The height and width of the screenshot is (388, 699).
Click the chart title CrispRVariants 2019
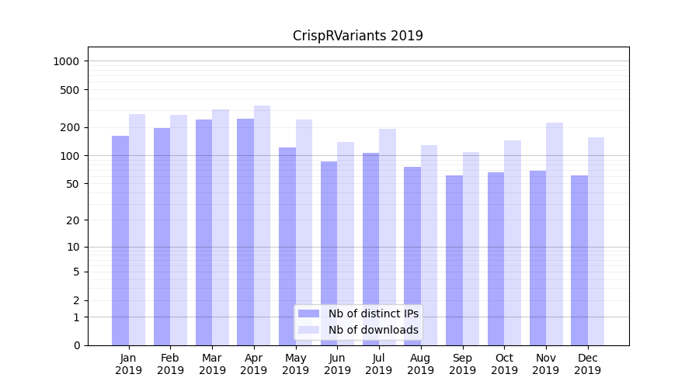pyautogui.click(x=357, y=36)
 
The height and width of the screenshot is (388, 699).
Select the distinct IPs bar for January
pyautogui.click(x=120, y=241)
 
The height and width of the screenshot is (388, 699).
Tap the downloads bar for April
pyautogui.click(x=262, y=225)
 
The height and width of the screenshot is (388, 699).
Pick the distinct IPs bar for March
pyautogui.click(x=203, y=233)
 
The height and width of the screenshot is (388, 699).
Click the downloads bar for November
pyautogui.click(x=554, y=233)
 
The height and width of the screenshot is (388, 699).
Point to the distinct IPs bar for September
pyautogui.click(x=454, y=260)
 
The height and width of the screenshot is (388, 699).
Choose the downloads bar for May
pyautogui.click(x=304, y=233)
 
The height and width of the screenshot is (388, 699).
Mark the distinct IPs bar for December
pyautogui.click(x=579, y=260)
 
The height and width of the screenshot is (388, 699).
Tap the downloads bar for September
pyautogui.click(x=471, y=248)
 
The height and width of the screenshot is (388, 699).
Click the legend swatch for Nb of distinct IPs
pyautogui.click(x=308, y=314)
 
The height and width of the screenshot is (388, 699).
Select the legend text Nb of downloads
pyautogui.click(x=373, y=330)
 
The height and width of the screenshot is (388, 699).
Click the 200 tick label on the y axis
pyautogui.click(x=72, y=127)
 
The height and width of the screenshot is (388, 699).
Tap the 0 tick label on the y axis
pyautogui.click(x=76, y=345)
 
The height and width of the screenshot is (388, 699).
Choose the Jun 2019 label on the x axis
pyautogui.click(x=337, y=364)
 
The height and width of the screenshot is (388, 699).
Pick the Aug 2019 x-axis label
pyautogui.click(x=420, y=364)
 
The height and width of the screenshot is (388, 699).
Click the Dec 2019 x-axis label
pyautogui.click(x=587, y=364)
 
